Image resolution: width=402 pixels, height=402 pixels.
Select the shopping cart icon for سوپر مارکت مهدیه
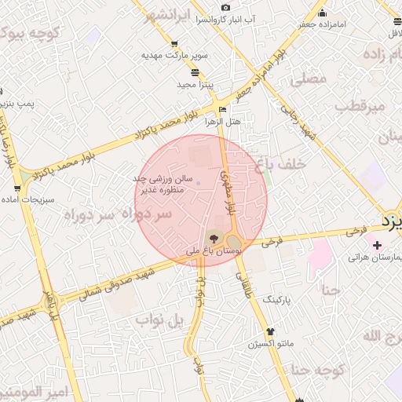pos(174,43)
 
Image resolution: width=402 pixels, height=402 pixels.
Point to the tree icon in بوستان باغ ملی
pos(213,239)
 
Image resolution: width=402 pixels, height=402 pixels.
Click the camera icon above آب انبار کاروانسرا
pos(226,7)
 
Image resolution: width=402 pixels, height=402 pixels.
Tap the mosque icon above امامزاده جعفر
pos(322,12)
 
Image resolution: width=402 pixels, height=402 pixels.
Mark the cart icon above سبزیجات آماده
pos(17,188)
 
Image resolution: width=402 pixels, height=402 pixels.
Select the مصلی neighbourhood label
pos(307,79)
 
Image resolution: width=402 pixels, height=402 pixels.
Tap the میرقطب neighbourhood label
pos(362,106)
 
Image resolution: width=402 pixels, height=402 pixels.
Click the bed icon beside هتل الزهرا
pos(223,109)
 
